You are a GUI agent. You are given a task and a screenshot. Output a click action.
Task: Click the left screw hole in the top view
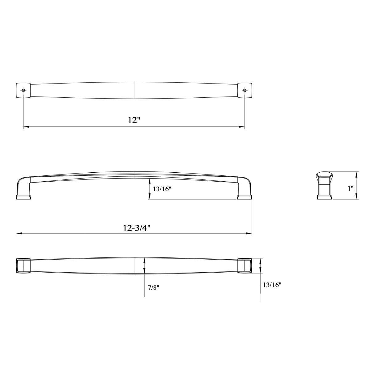coord(23,90)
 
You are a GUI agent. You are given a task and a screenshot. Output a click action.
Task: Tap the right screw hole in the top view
coord(245,90)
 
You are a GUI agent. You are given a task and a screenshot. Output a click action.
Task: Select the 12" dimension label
coord(134,120)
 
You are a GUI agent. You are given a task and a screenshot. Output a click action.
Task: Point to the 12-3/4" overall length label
coord(134,228)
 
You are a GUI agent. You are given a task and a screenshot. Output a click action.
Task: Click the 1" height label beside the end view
coord(350,188)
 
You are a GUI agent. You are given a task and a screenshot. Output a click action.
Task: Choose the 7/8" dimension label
coord(154,288)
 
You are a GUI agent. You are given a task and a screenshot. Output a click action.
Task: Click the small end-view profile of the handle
coord(324,185)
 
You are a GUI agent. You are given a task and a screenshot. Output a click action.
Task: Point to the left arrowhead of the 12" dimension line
coord(25,126)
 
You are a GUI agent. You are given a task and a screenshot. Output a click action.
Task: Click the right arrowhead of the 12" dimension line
coord(243,126)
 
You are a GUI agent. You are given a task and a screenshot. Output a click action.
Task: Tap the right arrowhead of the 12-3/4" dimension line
coord(250,234)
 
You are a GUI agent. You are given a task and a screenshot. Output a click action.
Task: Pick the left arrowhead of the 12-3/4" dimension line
coord(18,234)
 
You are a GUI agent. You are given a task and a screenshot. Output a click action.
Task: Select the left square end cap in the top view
coord(23,90)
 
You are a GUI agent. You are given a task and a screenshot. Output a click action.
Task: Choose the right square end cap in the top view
coord(245,90)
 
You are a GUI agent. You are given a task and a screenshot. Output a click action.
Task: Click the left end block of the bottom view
coord(23,265)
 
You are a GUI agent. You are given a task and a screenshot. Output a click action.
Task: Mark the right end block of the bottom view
coord(245,265)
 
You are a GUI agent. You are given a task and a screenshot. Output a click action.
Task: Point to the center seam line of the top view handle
coord(134,90)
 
